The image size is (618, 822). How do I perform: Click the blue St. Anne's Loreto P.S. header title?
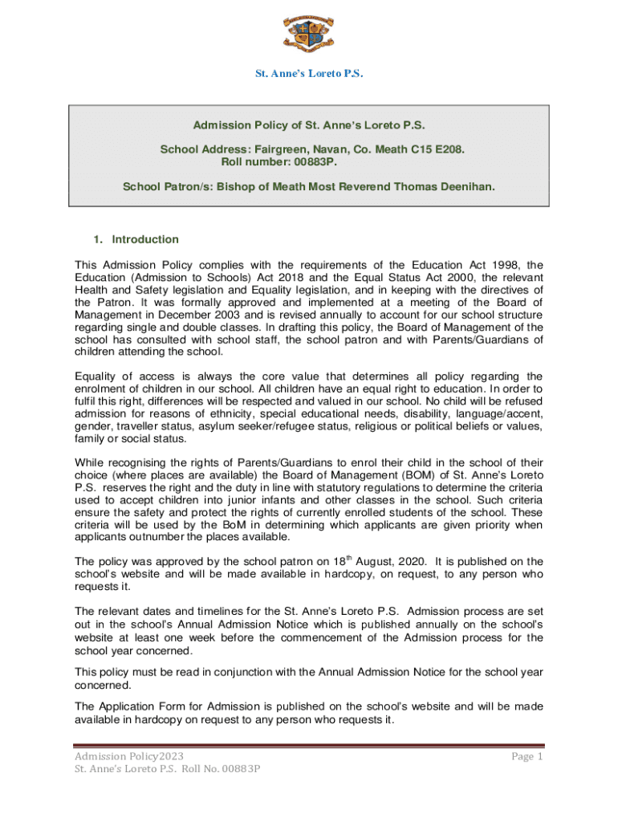point(309,74)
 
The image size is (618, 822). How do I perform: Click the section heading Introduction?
point(145,239)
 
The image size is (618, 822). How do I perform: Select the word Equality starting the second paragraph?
point(97,376)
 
